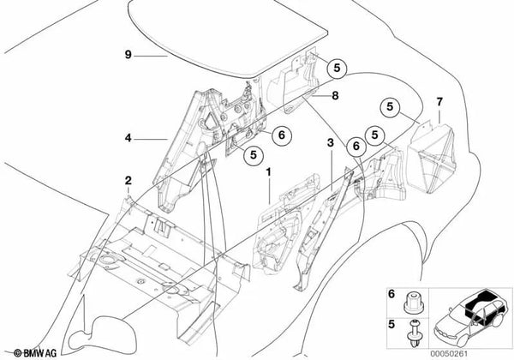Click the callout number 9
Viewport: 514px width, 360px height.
[x=128, y=54]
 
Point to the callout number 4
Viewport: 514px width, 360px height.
[x=128, y=138]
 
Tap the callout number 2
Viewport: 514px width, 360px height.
[x=128, y=180]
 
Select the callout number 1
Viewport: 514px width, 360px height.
[x=268, y=172]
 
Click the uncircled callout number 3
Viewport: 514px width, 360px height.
[x=331, y=142]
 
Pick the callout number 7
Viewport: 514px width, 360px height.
[x=439, y=102]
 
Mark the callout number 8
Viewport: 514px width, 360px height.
[x=335, y=96]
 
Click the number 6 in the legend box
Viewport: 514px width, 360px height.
[x=391, y=294]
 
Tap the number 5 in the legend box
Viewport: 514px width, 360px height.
[x=391, y=324]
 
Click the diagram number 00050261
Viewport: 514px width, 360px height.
[x=449, y=354]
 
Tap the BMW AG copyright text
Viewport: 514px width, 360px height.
[x=35, y=353]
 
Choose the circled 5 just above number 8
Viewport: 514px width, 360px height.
[x=337, y=69]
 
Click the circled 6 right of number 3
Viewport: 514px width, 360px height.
[x=356, y=146]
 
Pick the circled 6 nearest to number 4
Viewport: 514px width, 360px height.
[x=282, y=135]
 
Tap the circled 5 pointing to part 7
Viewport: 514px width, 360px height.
[x=390, y=107]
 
